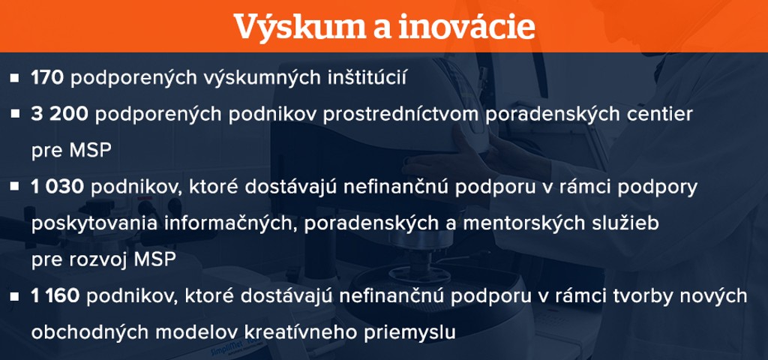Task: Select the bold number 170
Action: [x=47, y=78]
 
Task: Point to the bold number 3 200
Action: [x=60, y=114]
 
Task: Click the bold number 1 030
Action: [x=58, y=187]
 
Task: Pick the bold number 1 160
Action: [x=55, y=295]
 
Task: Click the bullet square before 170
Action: [x=14, y=78]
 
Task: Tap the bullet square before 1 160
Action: [x=14, y=296]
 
